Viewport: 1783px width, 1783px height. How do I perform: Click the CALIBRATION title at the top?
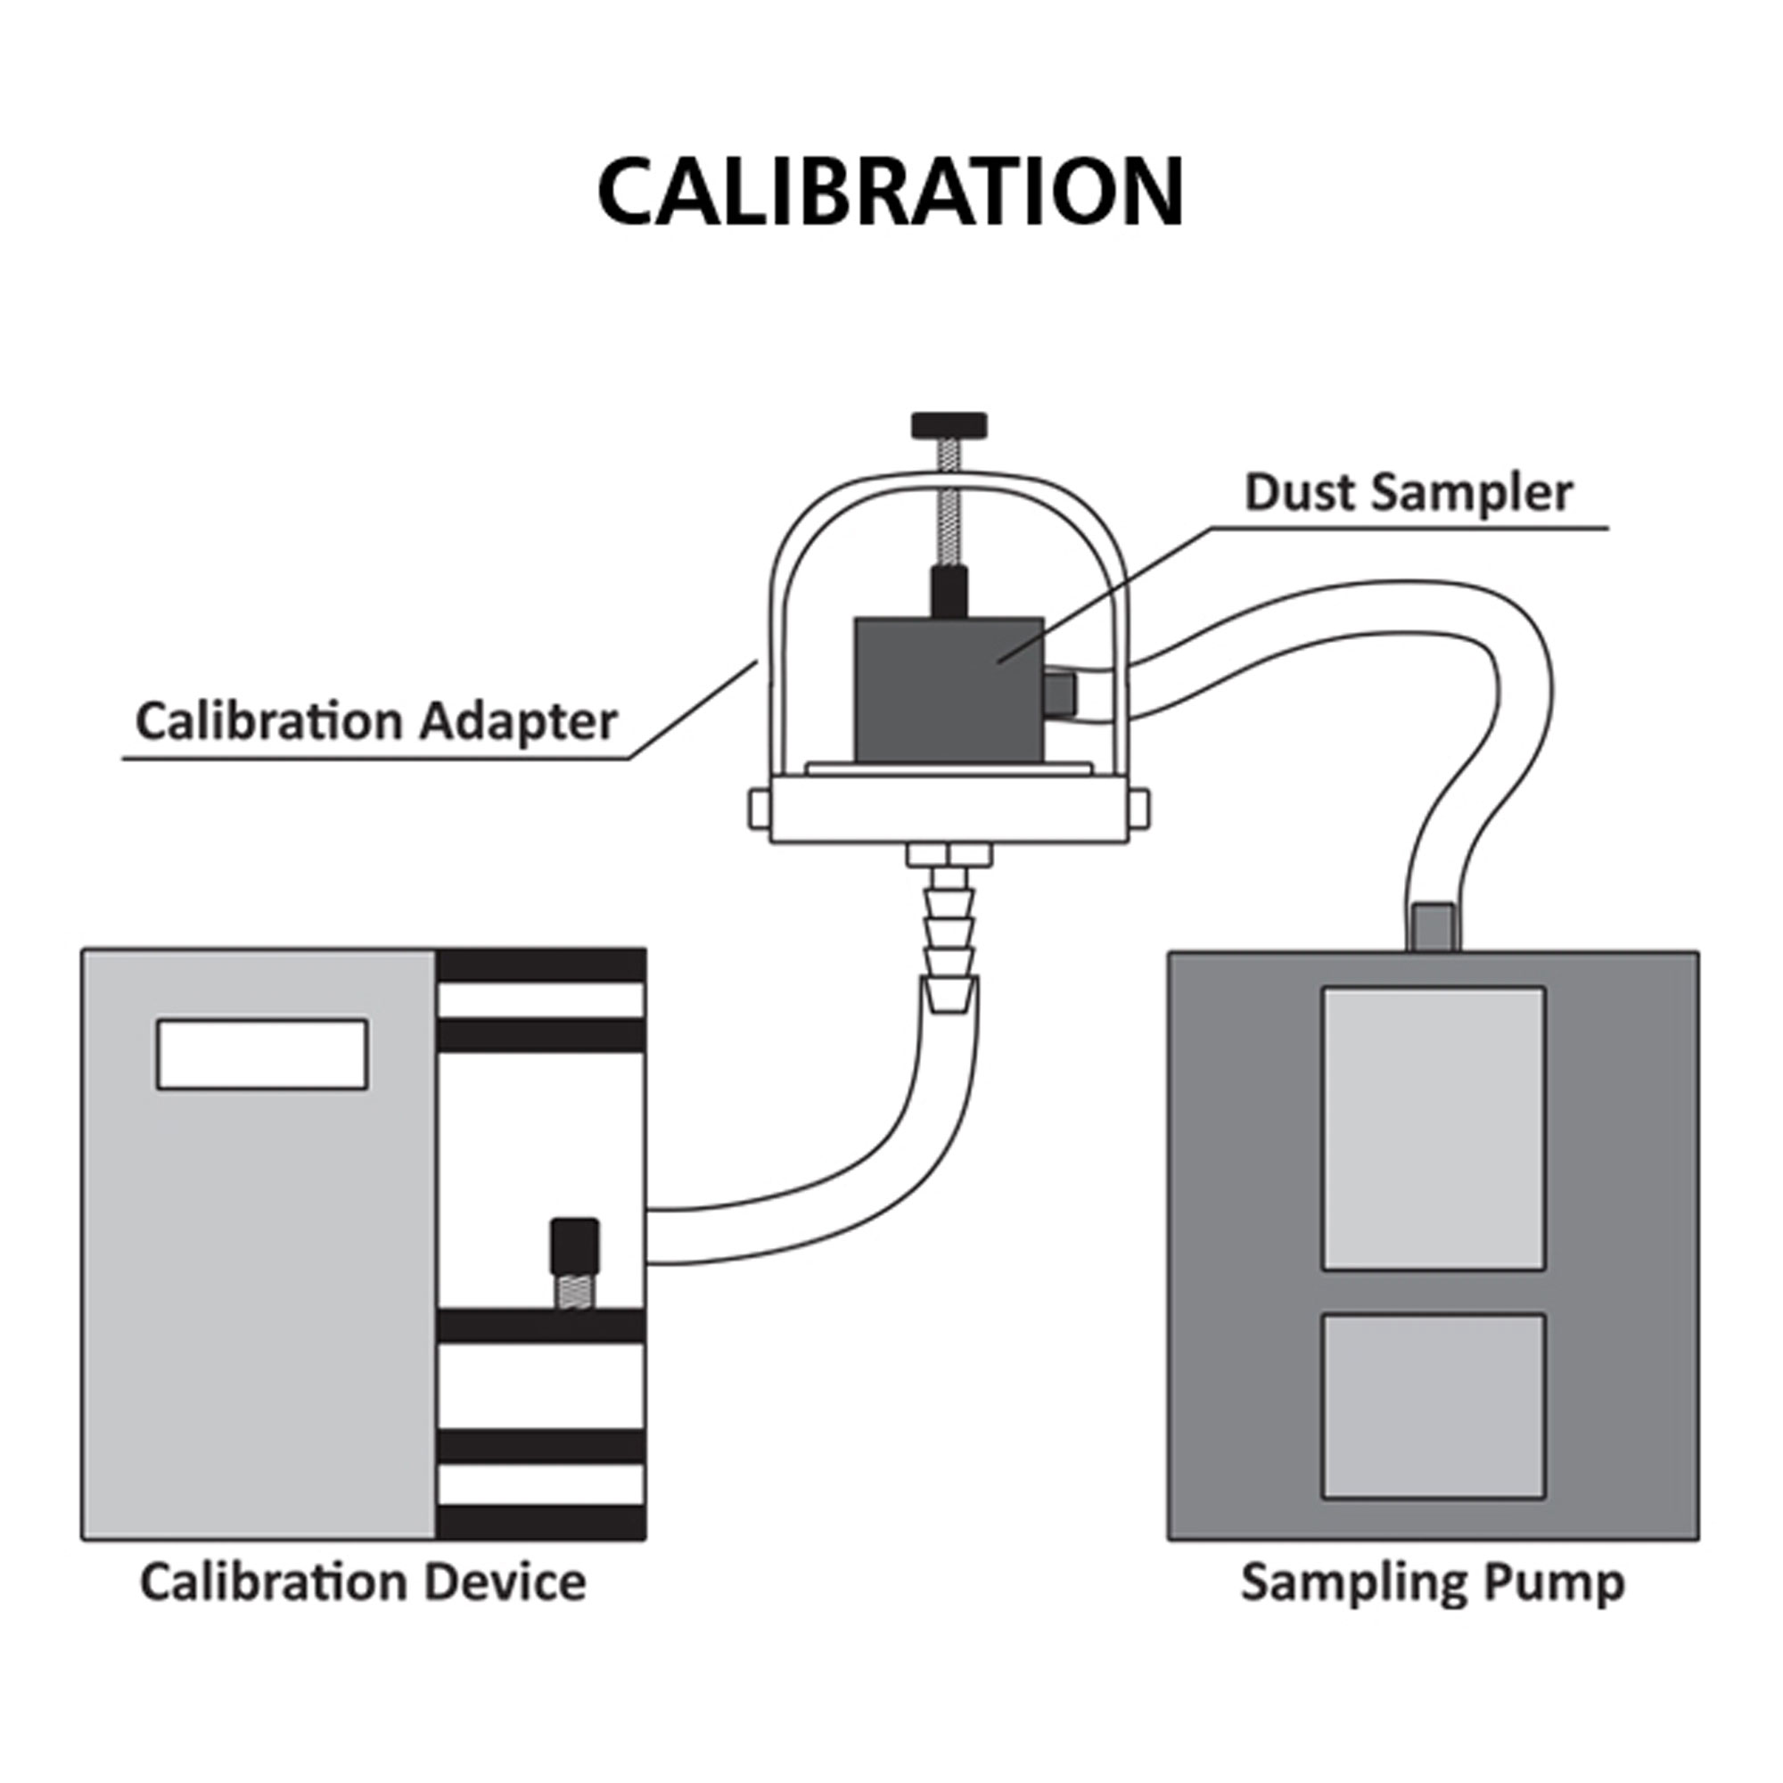(890, 191)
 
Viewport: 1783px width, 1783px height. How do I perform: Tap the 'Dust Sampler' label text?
(1408, 493)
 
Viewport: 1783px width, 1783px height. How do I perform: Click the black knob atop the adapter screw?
(949, 425)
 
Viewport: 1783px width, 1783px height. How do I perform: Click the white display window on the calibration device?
(262, 1054)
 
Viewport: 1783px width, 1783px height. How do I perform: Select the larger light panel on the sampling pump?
(1434, 1128)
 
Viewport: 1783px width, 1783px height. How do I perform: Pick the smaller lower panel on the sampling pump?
(1434, 1406)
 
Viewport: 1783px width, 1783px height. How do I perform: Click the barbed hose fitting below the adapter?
(949, 927)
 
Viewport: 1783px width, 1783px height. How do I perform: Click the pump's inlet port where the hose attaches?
(1434, 926)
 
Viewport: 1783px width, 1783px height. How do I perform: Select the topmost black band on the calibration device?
(541, 965)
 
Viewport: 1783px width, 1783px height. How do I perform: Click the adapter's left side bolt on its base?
(759, 809)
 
